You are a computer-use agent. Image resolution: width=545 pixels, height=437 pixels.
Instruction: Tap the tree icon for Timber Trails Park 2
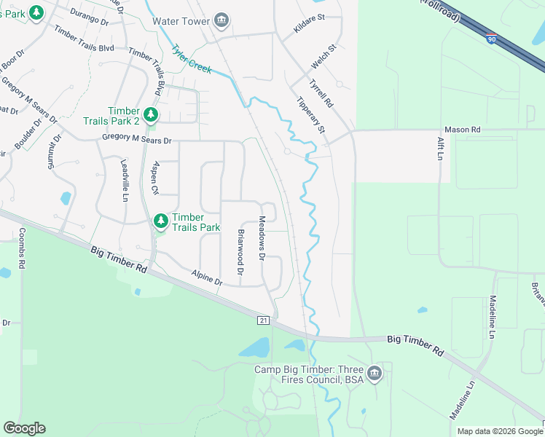[150, 114]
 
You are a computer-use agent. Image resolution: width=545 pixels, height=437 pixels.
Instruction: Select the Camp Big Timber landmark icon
[375, 374]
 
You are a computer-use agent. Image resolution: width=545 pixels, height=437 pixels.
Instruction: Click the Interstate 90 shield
[493, 39]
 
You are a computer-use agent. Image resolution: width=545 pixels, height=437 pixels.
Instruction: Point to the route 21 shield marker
[263, 320]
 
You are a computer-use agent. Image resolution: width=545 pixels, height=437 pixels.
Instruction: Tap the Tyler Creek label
[192, 60]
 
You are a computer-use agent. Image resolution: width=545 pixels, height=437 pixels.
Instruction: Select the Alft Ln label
[440, 149]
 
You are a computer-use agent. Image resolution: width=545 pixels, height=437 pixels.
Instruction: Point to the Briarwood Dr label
[240, 252]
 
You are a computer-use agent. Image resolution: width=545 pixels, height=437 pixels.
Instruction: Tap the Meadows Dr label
[262, 237]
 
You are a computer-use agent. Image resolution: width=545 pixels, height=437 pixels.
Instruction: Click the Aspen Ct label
[154, 178]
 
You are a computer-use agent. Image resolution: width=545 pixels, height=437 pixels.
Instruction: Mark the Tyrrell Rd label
[321, 93]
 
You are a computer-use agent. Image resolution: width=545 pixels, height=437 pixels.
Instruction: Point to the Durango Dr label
[90, 17]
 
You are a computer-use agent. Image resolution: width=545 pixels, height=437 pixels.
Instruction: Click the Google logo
[25, 428]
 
